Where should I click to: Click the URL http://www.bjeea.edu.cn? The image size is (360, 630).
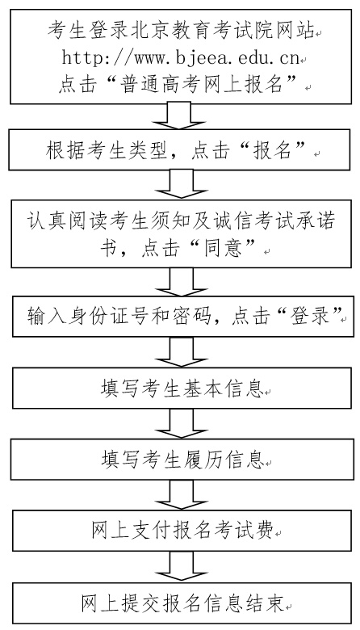(181, 58)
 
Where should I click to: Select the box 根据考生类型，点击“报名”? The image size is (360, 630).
(182, 150)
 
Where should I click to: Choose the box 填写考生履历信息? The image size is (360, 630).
(182, 459)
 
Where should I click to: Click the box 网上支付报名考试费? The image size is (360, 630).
(182, 531)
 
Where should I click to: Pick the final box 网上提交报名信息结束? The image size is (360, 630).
(183, 603)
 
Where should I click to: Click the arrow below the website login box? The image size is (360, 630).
(181, 116)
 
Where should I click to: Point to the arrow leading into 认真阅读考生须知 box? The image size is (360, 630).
(182, 184)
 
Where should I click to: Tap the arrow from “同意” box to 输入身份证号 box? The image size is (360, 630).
(182, 283)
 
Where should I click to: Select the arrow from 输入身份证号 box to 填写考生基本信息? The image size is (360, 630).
(182, 352)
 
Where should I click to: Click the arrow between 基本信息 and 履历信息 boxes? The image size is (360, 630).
(182, 423)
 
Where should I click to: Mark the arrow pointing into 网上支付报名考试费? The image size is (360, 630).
(182, 495)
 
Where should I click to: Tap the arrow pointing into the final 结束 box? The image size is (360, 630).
(182, 566)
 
